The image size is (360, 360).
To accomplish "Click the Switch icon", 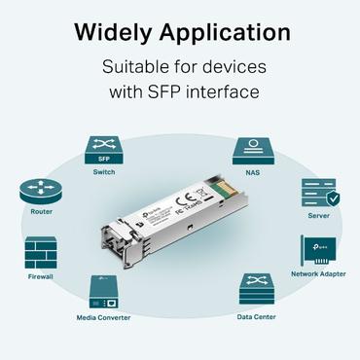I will (x=103, y=151).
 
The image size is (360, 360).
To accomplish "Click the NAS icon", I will (x=251, y=151).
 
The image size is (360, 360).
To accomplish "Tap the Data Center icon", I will (x=257, y=290).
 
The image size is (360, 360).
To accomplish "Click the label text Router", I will (x=41, y=210).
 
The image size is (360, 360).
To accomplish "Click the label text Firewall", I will (x=41, y=276).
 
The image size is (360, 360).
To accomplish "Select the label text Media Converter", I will (x=104, y=317).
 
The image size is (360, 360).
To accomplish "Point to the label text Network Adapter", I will (x=318, y=273).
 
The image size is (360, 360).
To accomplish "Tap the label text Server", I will (x=318, y=216).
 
